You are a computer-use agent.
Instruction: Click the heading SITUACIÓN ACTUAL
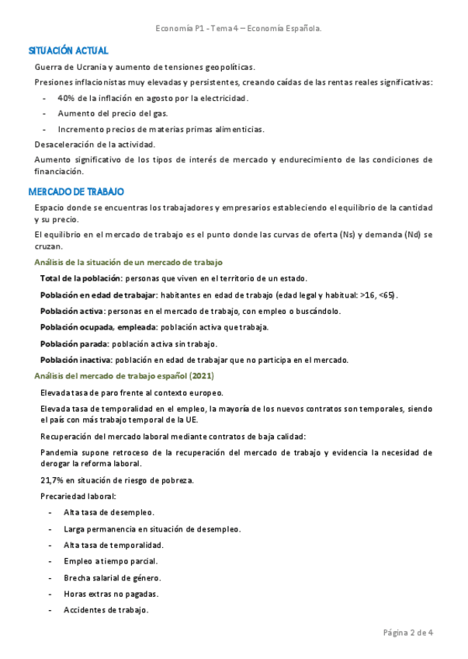pyautogui.click(x=68, y=51)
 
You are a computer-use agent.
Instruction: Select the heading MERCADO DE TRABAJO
pyautogui.click(x=76, y=191)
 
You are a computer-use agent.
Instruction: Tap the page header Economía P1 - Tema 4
pyautogui.click(x=238, y=28)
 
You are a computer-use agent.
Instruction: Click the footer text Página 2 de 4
pyautogui.click(x=408, y=632)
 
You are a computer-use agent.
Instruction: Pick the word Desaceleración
pyautogui.click(x=64, y=145)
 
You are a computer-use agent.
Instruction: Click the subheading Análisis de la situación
pyautogui.click(x=128, y=263)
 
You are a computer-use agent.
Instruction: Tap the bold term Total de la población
pyautogui.click(x=81, y=278)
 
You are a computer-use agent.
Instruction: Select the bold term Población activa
pyautogui.click(x=72, y=311)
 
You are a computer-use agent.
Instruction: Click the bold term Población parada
pyautogui.click(x=74, y=343)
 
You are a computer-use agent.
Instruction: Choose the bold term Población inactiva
pyautogui.click(x=76, y=360)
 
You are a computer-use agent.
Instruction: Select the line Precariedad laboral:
pyautogui.click(x=78, y=496)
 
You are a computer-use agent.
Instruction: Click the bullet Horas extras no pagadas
pyautogui.click(x=110, y=594)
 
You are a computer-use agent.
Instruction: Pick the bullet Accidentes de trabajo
pyautogui.click(x=106, y=610)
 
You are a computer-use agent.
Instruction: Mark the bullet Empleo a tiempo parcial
pyautogui.click(x=110, y=561)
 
